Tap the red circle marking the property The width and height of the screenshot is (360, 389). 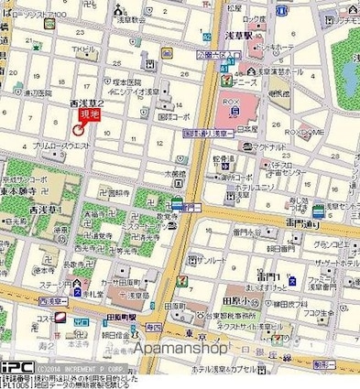[x=78, y=130]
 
